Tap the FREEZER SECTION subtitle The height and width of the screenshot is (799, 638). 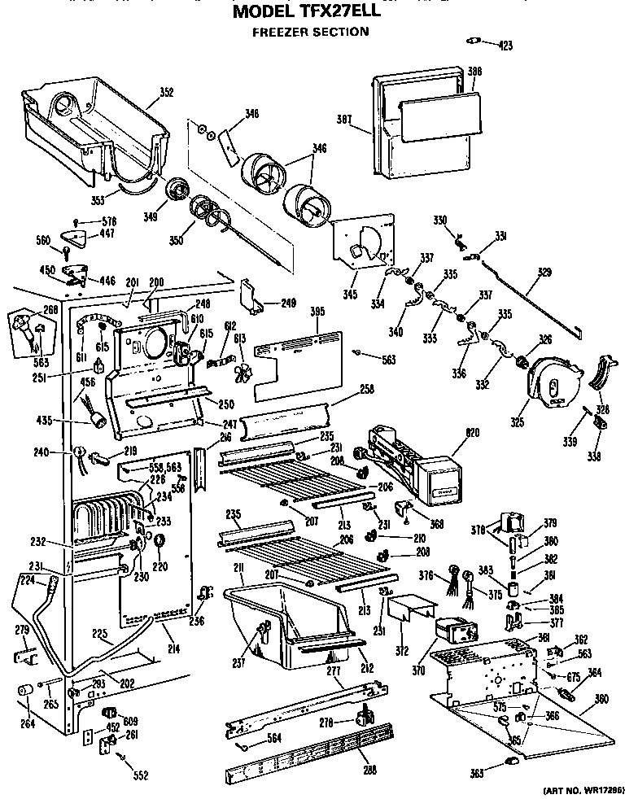(x=309, y=33)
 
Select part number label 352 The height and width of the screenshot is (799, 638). (x=166, y=93)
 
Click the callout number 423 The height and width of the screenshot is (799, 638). (x=505, y=46)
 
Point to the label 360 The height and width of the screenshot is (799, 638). (x=601, y=699)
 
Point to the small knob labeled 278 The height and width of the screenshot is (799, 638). (x=363, y=715)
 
